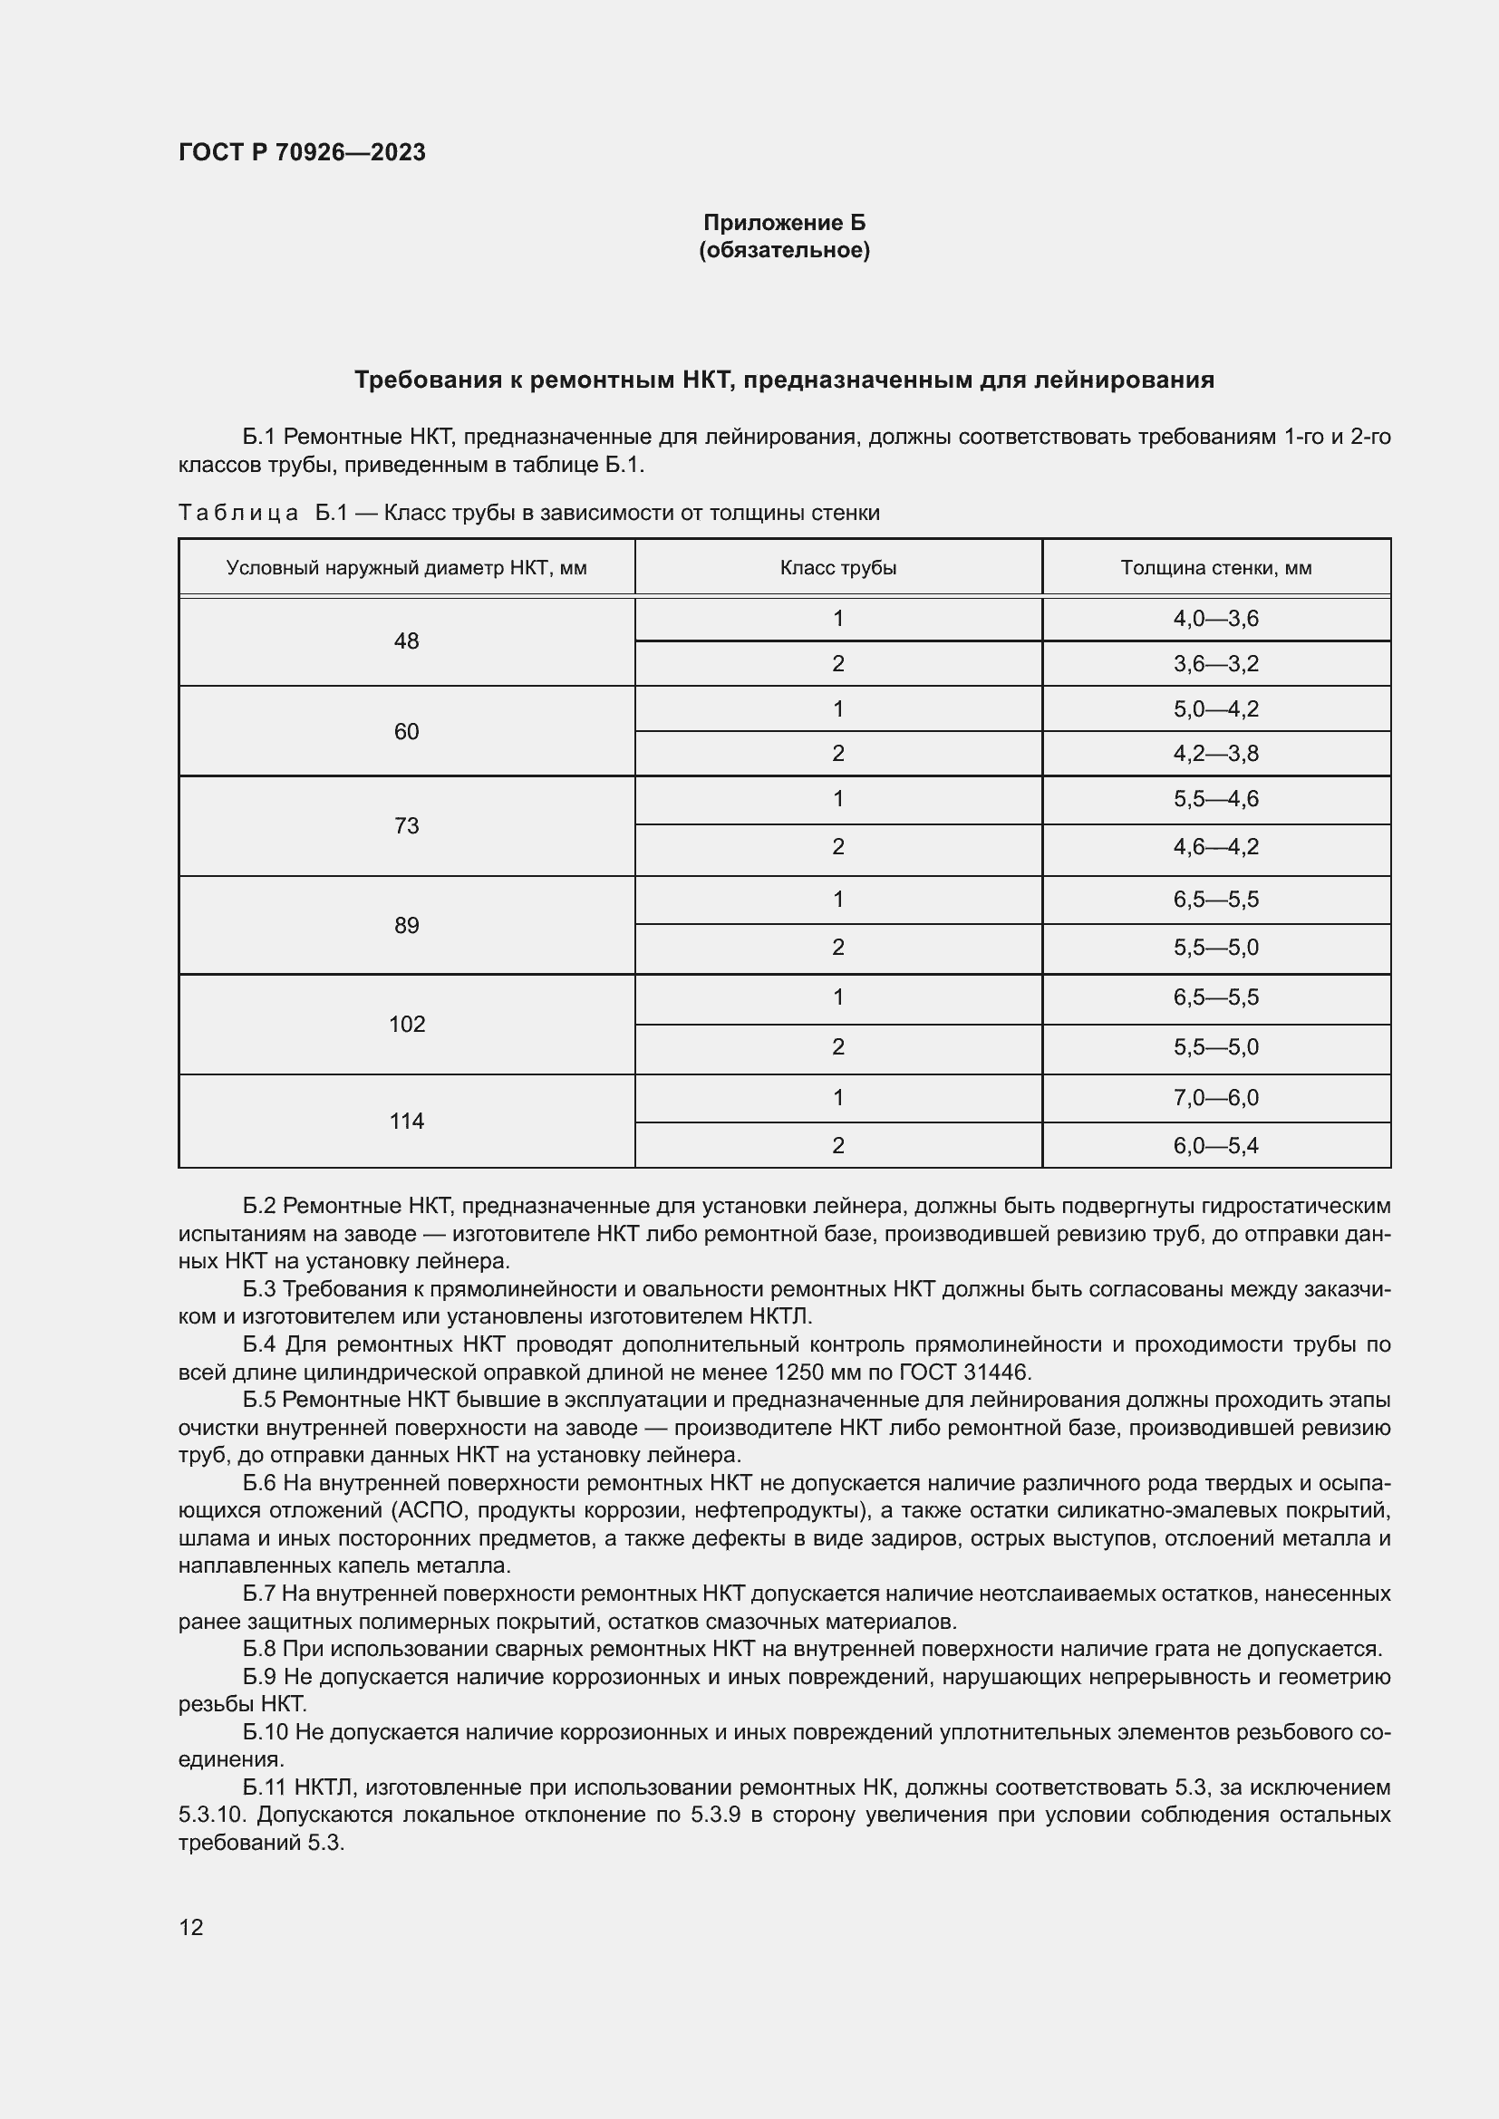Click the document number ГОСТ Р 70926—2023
(302, 152)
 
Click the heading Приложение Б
(784, 223)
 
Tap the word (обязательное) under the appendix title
(784, 250)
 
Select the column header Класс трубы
(837, 568)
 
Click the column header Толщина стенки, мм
(1215, 568)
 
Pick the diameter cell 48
(406, 641)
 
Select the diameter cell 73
(406, 826)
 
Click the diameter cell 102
(406, 1024)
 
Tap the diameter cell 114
(406, 1122)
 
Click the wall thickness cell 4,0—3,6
(1215, 619)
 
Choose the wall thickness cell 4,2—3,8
(1215, 754)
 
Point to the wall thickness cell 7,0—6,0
(1215, 1097)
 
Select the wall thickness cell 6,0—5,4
(1215, 1145)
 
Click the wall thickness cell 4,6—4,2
(1215, 846)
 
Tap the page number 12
(191, 1927)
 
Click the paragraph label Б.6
(259, 1483)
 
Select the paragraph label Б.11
(265, 1787)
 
